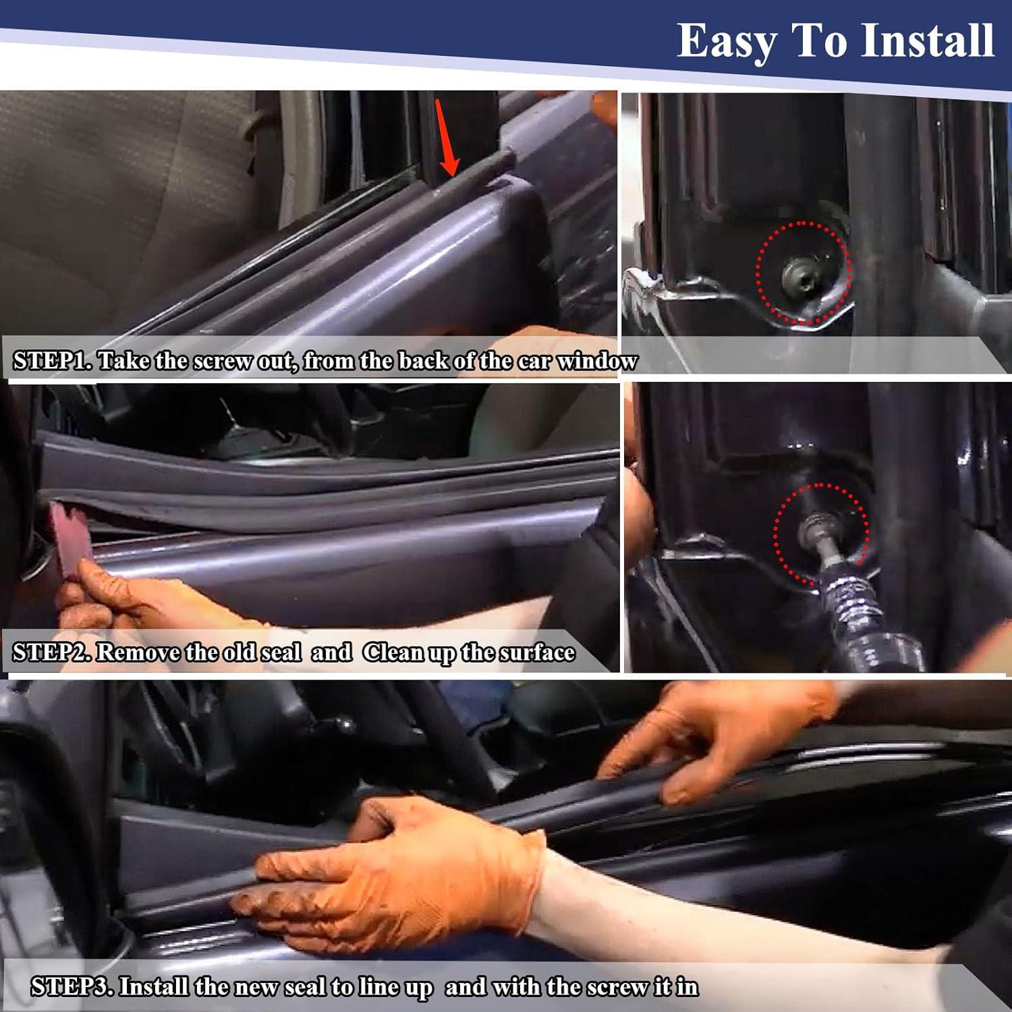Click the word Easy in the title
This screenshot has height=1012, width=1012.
(727, 42)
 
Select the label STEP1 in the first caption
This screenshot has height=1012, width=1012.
(51, 361)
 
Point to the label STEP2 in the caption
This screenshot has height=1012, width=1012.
(51, 652)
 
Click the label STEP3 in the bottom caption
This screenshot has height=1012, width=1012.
(72, 987)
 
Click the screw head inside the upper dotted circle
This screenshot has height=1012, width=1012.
(797, 273)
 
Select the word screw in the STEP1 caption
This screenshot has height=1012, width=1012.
(225, 361)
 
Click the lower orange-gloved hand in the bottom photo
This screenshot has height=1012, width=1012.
(398, 870)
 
